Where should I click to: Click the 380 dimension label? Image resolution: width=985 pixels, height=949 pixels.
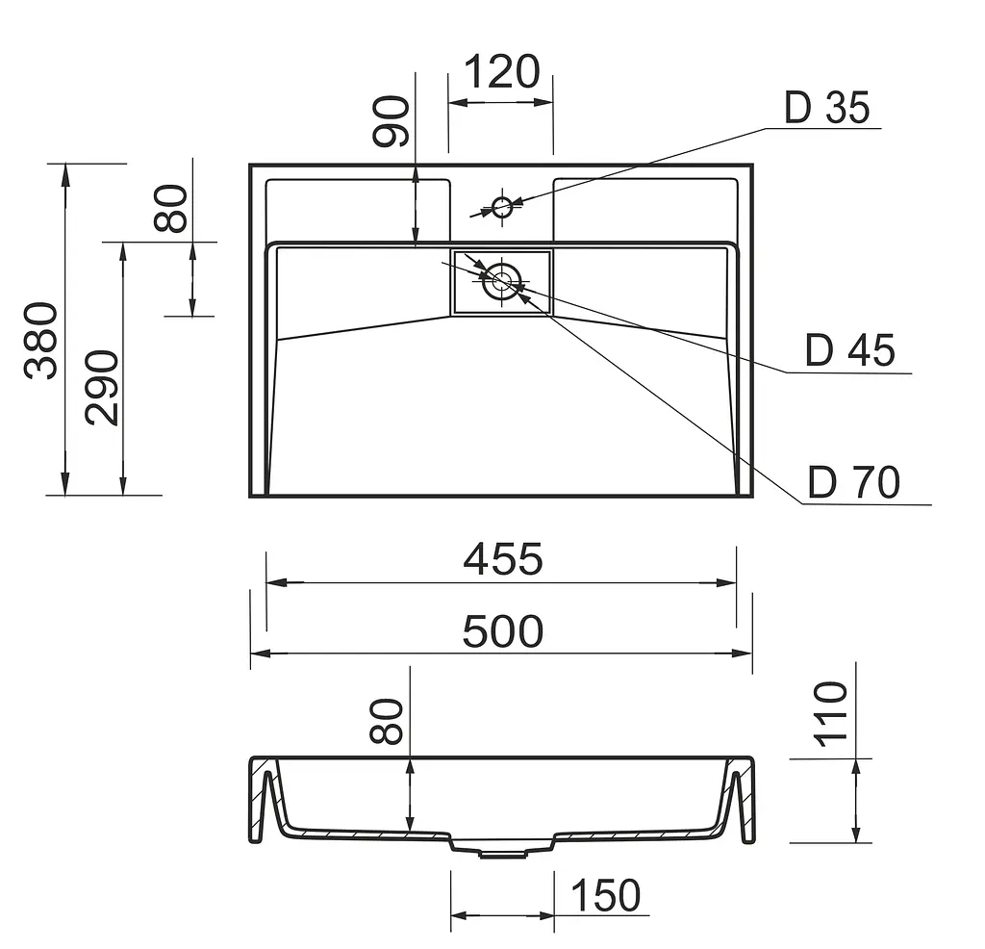point(41,342)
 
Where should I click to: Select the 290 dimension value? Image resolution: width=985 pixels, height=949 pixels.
point(102,388)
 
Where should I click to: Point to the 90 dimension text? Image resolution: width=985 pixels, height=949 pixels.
point(391,121)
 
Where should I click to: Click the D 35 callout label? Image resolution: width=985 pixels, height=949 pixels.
point(826,108)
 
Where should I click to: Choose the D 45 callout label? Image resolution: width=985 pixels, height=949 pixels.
point(850,350)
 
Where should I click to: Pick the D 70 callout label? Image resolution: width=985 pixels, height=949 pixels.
point(854,482)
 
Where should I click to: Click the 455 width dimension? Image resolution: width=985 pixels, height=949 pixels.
point(502,558)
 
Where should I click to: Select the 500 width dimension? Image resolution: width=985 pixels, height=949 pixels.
point(502,631)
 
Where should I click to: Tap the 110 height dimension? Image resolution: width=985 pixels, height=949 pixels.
point(830,714)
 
